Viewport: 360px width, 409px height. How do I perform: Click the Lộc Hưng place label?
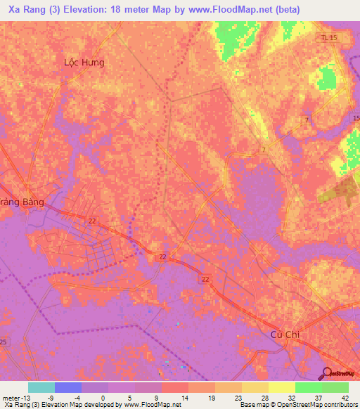tap(84, 63)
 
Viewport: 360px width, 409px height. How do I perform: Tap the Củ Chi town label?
tap(285, 335)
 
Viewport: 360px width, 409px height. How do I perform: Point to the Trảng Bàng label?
tap(22, 202)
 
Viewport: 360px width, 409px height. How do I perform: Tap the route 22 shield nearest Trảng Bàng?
tap(93, 221)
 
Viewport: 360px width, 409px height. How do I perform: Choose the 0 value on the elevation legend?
tap(102, 396)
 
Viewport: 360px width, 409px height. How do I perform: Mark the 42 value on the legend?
tap(345, 396)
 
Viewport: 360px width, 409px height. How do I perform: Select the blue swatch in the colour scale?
tap(67, 387)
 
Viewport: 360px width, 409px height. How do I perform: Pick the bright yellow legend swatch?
tap(281, 387)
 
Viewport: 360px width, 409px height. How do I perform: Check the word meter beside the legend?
tap(10, 396)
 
